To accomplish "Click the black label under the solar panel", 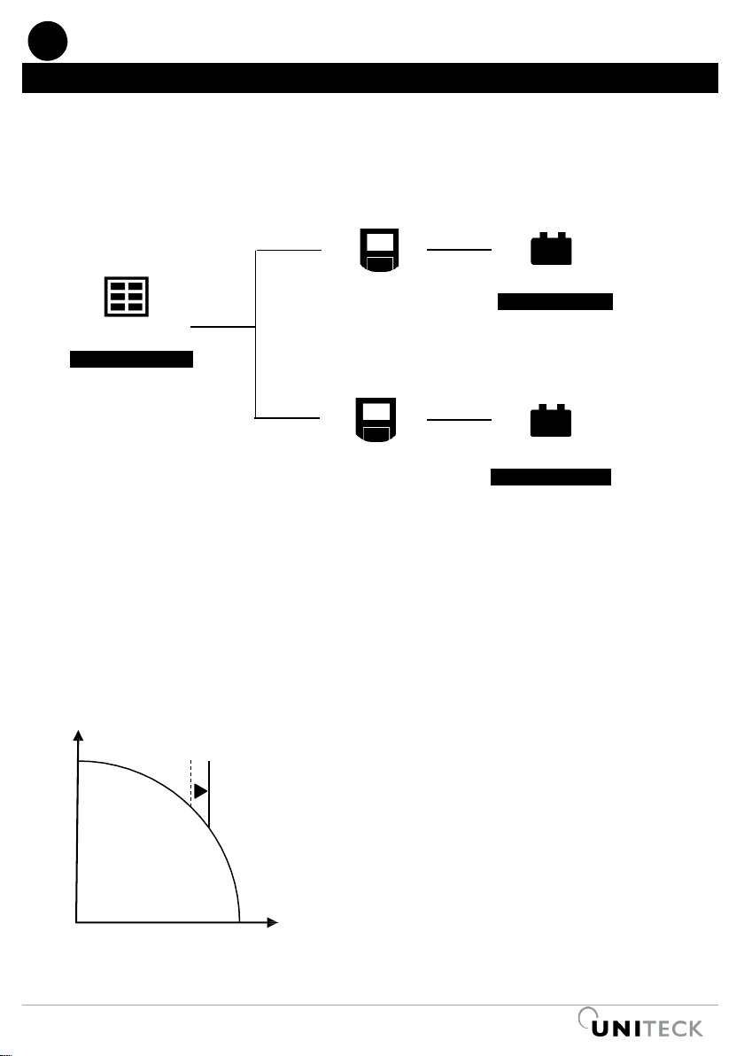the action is [x=132, y=359].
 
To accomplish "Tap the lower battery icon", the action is [x=551, y=422].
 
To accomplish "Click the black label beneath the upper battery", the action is [x=555, y=302].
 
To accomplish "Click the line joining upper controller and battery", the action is [x=459, y=250].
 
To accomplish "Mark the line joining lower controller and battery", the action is [x=459, y=420].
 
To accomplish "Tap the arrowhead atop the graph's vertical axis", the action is [x=80, y=735].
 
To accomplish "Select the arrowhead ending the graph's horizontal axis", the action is [x=273, y=923].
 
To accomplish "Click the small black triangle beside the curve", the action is [x=201, y=790].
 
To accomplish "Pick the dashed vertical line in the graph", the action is [x=191, y=780].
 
